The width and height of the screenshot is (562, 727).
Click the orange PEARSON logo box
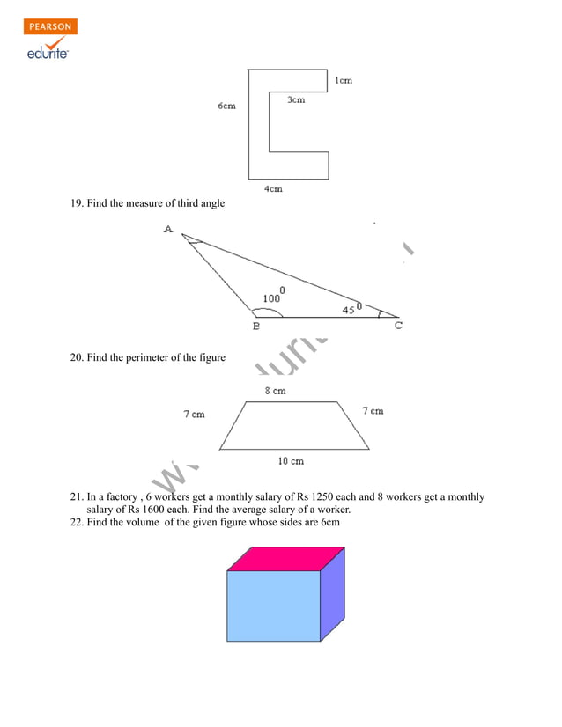point(51,26)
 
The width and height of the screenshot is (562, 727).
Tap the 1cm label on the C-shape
point(344,81)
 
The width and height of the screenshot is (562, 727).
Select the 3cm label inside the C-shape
point(296,100)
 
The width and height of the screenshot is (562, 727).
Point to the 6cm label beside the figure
point(227,106)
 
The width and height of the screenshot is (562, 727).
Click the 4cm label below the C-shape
point(273,189)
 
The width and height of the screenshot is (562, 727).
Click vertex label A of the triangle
point(168,230)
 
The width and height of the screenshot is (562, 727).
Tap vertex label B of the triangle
point(255,327)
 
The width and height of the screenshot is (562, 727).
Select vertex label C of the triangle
point(398,327)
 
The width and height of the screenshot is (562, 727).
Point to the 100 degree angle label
point(273,297)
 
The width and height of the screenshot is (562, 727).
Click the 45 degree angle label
point(351,309)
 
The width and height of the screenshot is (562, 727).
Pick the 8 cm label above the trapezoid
point(275,391)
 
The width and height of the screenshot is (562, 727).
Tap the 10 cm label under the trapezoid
point(291,460)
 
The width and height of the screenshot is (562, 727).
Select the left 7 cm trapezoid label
point(194,414)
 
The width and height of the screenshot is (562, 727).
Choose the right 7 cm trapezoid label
point(373,411)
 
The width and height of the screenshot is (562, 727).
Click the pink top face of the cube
point(285,558)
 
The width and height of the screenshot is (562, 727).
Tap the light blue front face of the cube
point(273,606)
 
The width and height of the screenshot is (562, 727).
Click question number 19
point(77,204)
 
